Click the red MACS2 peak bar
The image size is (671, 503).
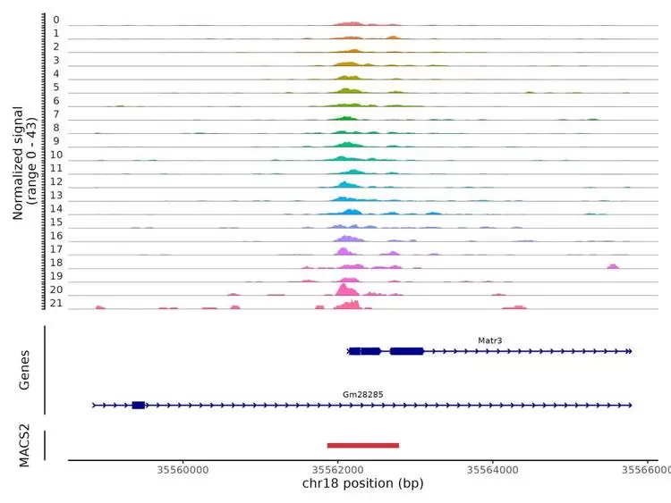tap(362, 445)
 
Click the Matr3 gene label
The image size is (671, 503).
tap(490, 340)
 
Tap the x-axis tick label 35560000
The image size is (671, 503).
tap(183, 470)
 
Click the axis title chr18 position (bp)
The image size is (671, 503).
tap(362, 485)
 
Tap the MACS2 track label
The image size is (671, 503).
tap(25, 446)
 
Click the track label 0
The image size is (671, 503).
tap(55, 20)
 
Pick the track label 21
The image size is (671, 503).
tap(55, 305)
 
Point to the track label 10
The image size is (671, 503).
tap(55, 155)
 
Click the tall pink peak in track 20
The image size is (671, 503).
tap(346, 290)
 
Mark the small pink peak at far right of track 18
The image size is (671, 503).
tap(613, 266)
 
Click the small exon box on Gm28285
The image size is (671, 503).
tap(139, 406)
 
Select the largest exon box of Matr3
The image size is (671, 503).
tap(407, 352)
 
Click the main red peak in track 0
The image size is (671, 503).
tap(350, 22)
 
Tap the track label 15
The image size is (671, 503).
tap(55, 222)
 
